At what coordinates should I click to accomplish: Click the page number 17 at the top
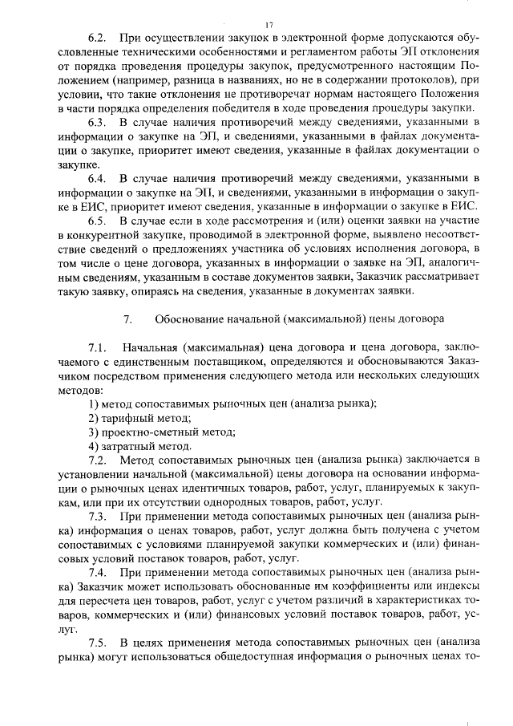click(269, 24)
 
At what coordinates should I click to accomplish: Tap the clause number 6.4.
click(98, 176)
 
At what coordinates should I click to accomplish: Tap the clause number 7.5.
click(98, 643)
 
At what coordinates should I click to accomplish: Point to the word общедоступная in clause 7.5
click(289, 657)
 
